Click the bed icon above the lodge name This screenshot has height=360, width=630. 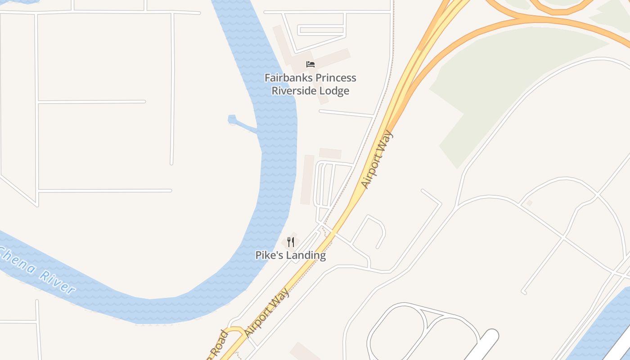[310, 64]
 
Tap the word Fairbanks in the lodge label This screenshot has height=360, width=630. [286, 78]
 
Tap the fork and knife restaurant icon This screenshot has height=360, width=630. [291, 243]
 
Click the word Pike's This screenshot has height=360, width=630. [269, 255]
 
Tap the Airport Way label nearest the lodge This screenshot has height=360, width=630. [377, 160]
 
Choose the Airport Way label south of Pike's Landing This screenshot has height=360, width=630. [267, 312]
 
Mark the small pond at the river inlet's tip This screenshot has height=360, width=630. [232, 119]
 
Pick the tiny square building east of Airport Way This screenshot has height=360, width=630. [529, 203]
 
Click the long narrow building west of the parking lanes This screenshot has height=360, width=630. [308, 180]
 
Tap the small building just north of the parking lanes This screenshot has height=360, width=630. [330, 153]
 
